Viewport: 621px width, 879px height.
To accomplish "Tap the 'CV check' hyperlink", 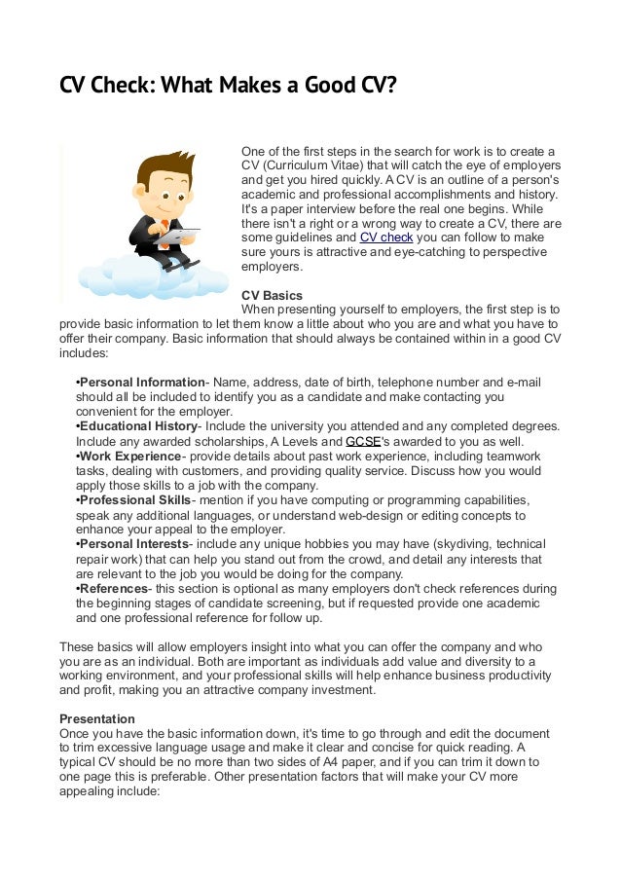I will tap(386, 237).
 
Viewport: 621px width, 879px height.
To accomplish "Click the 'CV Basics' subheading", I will tap(272, 295).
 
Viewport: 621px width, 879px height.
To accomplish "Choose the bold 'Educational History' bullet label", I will tap(138, 426).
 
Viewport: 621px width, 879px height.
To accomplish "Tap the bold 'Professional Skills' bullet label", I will tap(136, 499).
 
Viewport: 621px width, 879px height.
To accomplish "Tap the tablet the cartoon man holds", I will tap(180, 237).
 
